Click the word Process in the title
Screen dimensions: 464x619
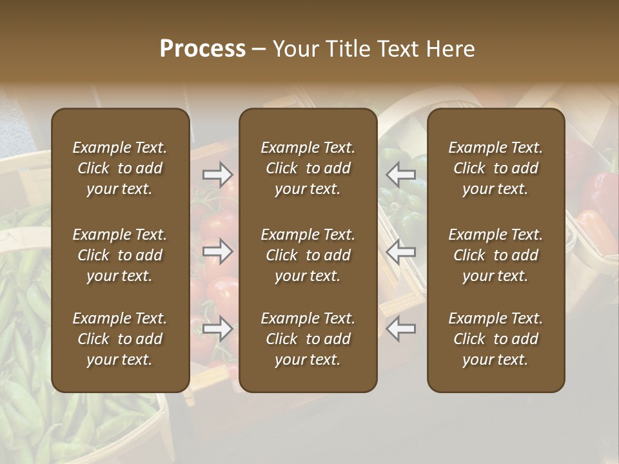coord(202,49)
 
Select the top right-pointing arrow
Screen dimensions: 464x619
coord(218,174)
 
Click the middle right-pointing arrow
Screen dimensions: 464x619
coord(218,251)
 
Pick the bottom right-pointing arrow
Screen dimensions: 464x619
coord(218,329)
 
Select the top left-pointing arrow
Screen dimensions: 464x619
coord(400,174)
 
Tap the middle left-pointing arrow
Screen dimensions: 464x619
coord(400,251)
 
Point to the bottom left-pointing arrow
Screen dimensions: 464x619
coord(400,329)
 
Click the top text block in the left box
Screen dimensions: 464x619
coord(120,168)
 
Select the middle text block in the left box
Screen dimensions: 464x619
coord(120,255)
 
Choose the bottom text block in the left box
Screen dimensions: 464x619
coord(120,339)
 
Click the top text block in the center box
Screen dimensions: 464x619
coord(308,168)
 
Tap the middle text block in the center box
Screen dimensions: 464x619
coord(308,255)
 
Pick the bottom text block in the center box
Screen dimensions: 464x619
coord(308,339)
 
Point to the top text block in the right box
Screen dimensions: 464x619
coord(495,168)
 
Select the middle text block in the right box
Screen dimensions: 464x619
coord(495,255)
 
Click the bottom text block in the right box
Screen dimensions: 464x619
coord(495,339)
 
